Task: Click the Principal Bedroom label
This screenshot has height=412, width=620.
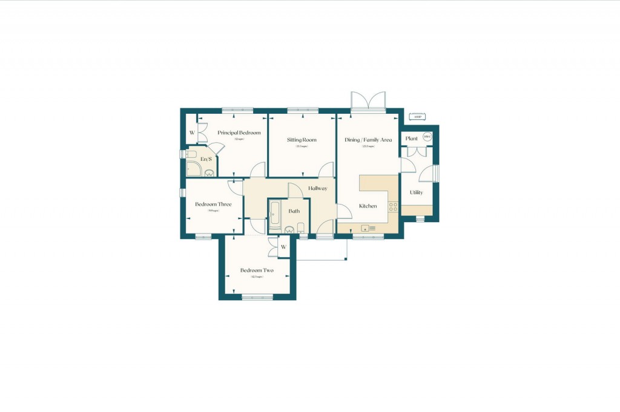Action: (239, 132)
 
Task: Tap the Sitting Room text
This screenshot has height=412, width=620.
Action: (302, 140)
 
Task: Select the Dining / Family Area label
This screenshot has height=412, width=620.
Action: (368, 140)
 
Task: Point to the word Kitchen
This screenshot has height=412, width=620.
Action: (368, 206)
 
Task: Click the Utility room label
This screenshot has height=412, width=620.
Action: (416, 192)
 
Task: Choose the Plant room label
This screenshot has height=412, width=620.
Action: (412, 139)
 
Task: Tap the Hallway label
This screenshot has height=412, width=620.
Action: (318, 189)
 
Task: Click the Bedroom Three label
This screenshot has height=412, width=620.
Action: (213, 204)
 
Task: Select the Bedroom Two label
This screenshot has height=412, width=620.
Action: (257, 270)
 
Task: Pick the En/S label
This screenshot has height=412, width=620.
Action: (206, 159)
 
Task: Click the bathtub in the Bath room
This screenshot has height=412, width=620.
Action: (274, 215)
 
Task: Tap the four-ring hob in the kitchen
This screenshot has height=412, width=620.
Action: (392, 207)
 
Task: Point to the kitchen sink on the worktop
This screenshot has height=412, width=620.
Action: (365, 228)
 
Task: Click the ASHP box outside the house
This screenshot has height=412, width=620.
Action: (417, 117)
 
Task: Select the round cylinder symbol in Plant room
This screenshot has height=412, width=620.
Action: (427, 137)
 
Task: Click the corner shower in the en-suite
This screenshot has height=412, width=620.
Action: (193, 169)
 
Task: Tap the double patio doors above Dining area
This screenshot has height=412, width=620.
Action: (368, 101)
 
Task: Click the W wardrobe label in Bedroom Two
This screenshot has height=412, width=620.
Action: (283, 247)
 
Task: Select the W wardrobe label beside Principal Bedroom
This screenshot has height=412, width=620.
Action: (191, 132)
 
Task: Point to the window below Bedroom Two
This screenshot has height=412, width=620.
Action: (257, 296)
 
